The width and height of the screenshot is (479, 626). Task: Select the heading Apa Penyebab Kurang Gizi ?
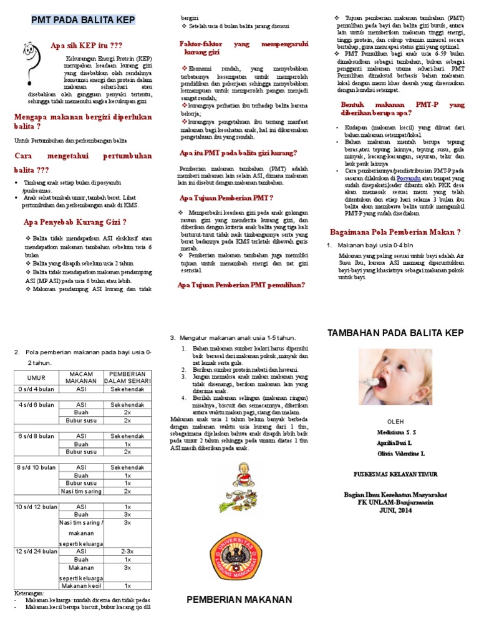coord(75,221)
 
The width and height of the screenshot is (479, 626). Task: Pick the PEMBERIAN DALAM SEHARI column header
coord(127,377)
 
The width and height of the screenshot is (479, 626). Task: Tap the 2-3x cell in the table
coord(127,552)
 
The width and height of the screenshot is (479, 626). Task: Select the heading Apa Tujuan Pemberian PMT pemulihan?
coord(241,284)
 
